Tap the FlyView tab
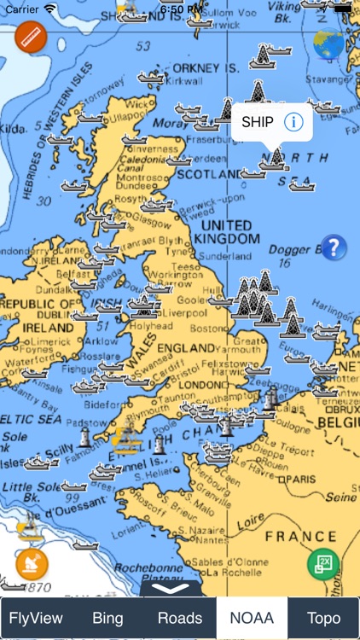(36, 618)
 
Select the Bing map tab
(107, 618)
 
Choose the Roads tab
(180, 618)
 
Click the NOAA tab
(252, 618)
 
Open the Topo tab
(323, 618)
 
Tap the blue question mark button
(334, 247)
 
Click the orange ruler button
(31, 38)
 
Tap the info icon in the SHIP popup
(293, 122)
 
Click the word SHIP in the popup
(258, 122)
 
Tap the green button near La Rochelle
(323, 564)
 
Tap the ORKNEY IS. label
(207, 67)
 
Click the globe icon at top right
(328, 44)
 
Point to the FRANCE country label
(300, 536)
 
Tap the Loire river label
(249, 518)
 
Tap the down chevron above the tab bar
(175, 586)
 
